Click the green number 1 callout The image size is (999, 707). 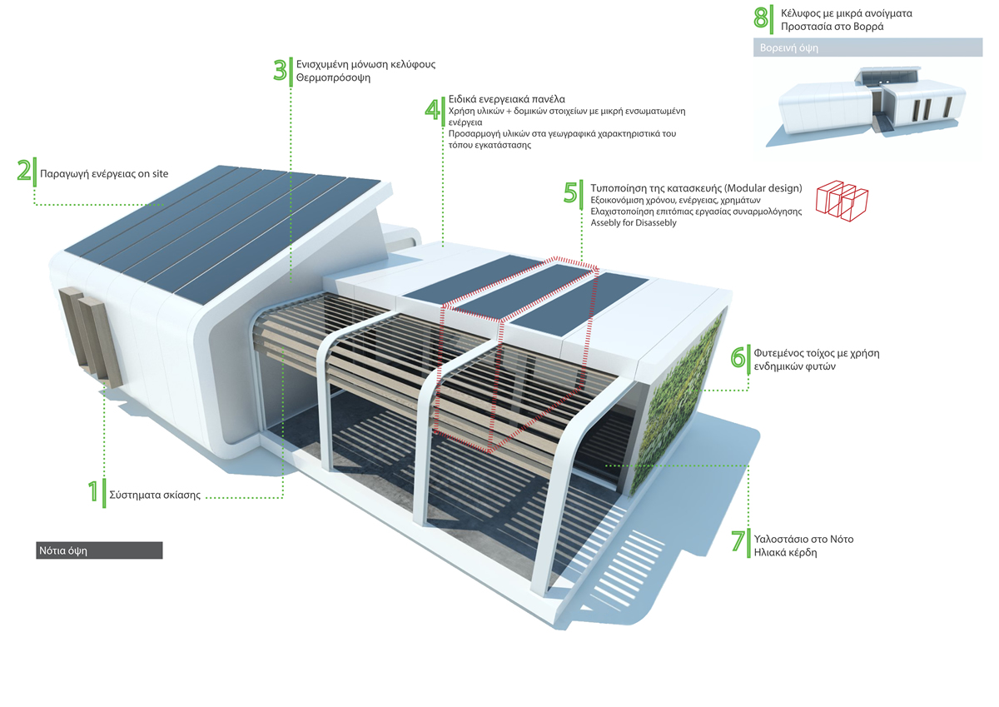point(92,491)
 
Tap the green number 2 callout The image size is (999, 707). point(24,171)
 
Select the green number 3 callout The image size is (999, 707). point(280,70)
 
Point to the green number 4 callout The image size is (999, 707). point(432,110)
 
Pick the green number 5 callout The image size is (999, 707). point(570,192)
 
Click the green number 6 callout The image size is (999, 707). point(738,357)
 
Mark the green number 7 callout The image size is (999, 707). point(738,541)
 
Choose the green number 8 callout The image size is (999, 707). point(760,18)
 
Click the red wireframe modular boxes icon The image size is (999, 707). point(842,201)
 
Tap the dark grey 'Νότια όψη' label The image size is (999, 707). point(99,550)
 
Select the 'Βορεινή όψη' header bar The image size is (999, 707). point(867,47)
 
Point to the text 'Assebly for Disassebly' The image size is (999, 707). point(634,222)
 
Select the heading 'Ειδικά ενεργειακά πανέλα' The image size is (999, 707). point(507,99)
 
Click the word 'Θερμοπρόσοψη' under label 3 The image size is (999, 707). point(333,77)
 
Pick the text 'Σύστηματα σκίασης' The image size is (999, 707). point(155,495)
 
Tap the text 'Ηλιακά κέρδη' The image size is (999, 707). point(785,553)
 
